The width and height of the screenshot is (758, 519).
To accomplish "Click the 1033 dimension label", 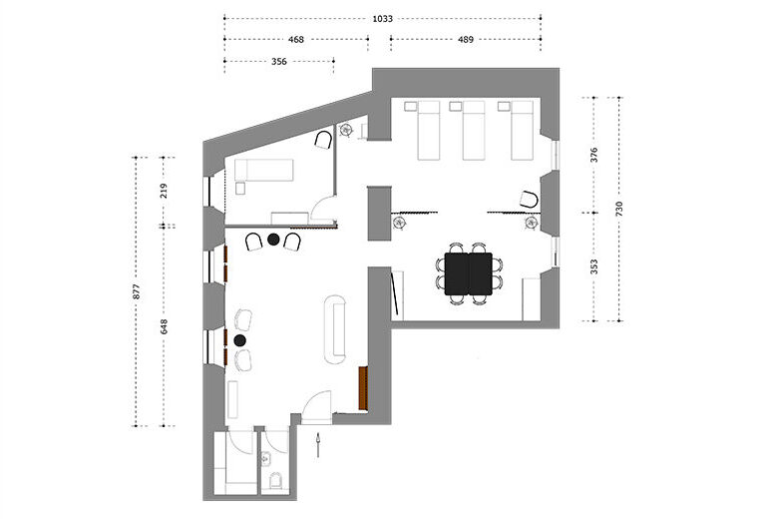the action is pos(382,19).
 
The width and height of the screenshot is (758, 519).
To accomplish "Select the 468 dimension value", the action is pos(296,40).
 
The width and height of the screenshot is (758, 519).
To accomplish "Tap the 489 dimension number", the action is pos(466,40).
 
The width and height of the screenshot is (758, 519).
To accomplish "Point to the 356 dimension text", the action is pos(279,62).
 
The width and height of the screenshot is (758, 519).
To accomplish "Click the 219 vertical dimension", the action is pos(164,191).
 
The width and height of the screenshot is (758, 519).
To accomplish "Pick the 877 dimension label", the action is pos(137,291).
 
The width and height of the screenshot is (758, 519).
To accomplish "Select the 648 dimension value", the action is pos(164,326).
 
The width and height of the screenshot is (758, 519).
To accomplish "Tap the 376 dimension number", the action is pos(594,155).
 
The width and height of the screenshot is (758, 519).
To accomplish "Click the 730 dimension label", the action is pos(619,209).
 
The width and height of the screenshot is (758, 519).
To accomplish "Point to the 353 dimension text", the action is pos(594,266).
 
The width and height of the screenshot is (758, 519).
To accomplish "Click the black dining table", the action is pos(469,273).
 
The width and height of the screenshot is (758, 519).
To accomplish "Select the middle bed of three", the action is pos(474,130).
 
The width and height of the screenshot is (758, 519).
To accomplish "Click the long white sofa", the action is pos(335,329).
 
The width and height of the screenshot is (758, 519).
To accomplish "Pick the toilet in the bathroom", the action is pos(275,480).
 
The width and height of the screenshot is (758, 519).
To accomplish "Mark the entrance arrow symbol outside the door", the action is pos(318,445).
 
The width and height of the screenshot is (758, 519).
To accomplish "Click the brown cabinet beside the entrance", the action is pos(363,388).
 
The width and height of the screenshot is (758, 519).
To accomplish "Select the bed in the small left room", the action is pos(264,170).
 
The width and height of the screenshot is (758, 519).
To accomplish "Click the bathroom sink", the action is pos(266,458).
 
